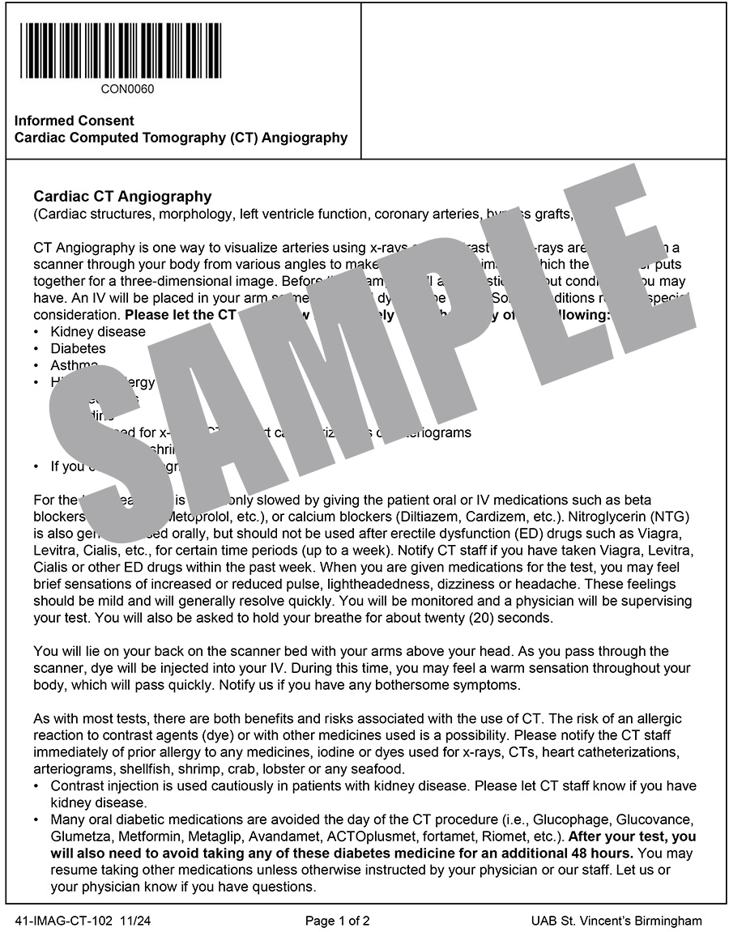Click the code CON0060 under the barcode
127,89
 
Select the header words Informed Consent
75,121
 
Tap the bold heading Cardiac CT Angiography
122,196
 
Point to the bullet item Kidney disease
98,331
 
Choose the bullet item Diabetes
78,348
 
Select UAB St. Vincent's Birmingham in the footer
616,921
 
